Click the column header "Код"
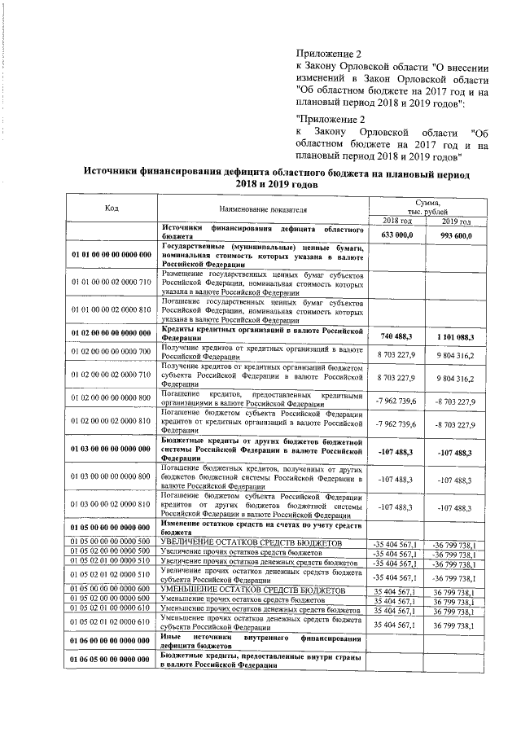(x=112, y=208)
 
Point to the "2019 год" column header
(x=457, y=221)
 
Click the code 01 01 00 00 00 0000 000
(x=112, y=255)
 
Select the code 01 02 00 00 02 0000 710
(x=112, y=378)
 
